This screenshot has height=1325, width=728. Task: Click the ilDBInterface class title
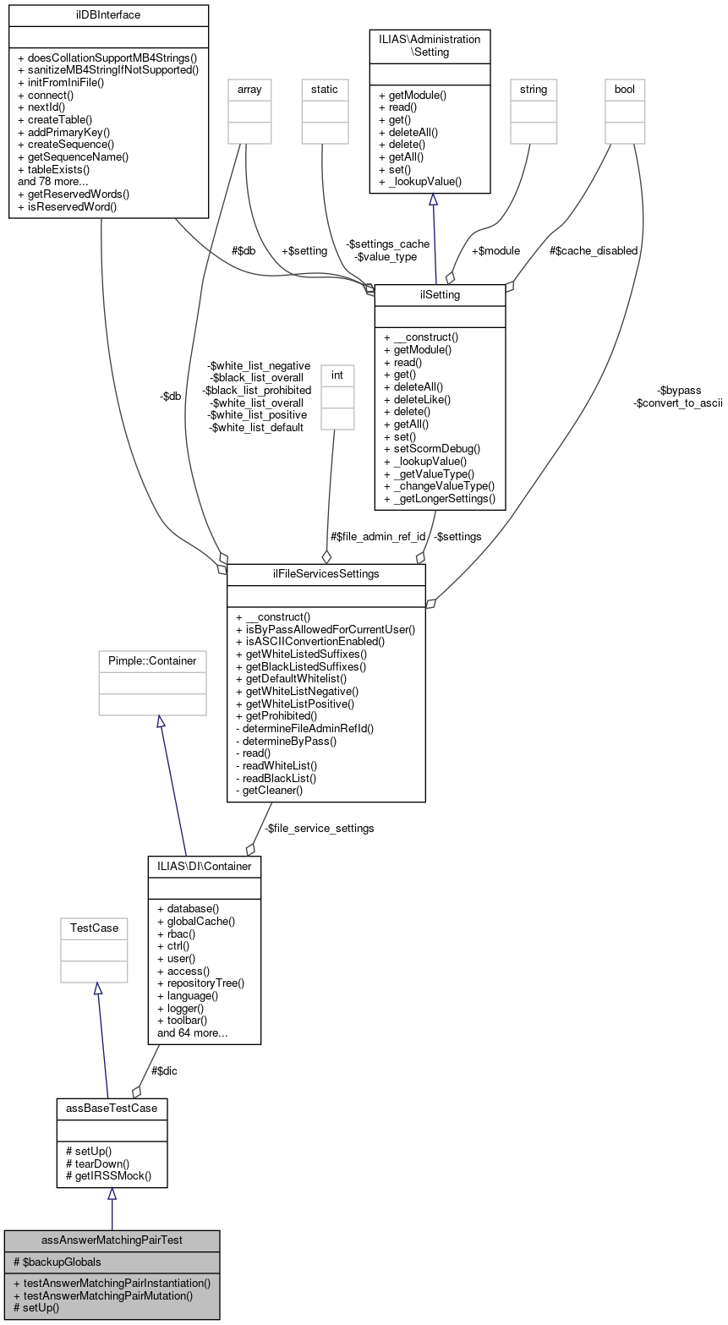pos(108,14)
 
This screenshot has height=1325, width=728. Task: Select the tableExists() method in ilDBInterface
pos(53,169)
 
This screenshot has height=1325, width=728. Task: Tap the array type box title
pos(245,89)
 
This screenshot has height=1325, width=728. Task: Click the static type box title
pos(325,89)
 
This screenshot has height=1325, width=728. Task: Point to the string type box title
pos(534,89)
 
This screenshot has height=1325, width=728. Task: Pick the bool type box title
pos(625,89)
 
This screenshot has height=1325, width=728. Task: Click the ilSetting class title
pos(440,294)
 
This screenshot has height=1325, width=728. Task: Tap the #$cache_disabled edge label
pos(593,251)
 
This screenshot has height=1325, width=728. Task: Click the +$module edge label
pos(495,251)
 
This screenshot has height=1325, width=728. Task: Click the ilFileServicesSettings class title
pos(326,573)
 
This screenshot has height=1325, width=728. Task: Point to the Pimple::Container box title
pos(152,660)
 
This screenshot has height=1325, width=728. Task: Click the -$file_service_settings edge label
pos(320,828)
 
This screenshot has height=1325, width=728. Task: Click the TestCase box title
pos(94,928)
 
